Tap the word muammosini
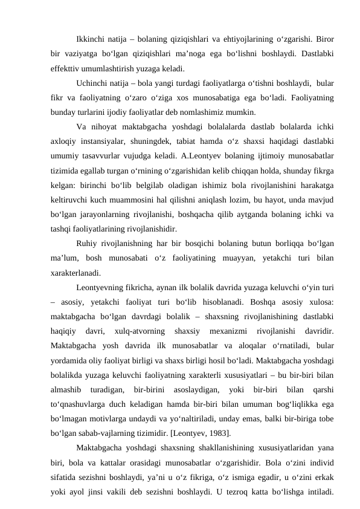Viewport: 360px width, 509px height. (126, 199)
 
